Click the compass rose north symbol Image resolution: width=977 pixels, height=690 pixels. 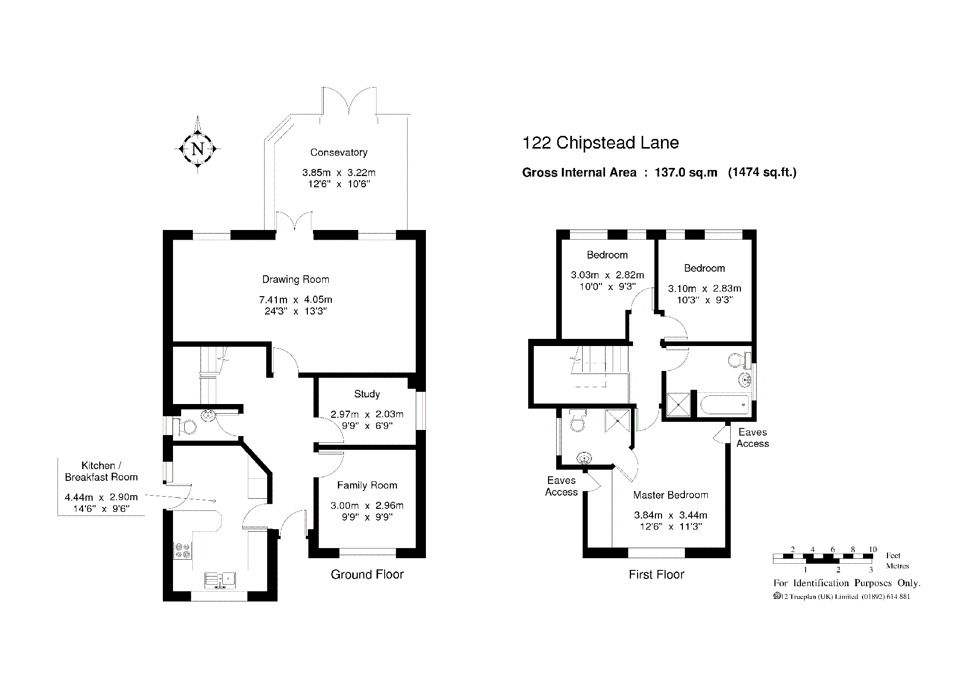click(197, 149)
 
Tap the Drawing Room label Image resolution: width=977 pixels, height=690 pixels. click(296, 279)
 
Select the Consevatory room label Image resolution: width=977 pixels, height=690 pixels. click(339, 152)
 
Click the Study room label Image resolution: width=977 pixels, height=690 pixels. click(367, 394)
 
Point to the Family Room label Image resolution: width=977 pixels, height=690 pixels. click(367, 485)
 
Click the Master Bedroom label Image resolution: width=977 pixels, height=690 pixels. click(671, 495)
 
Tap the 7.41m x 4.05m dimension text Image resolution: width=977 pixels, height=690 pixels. click(296, 300)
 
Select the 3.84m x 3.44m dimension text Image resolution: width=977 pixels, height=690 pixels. click(671, 515)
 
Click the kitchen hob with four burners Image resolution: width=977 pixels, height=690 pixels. click(183, 551)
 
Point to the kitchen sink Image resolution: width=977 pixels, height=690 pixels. click(221, 580)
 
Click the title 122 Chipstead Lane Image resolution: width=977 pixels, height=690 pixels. click(600, 142)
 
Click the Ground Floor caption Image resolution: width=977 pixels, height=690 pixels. click(367, 574)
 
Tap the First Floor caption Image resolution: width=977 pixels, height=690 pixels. click(656, 574)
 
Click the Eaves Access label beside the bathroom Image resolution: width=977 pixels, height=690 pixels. click(753, 438)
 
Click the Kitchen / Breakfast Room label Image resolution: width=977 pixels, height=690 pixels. click(101, 471)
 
